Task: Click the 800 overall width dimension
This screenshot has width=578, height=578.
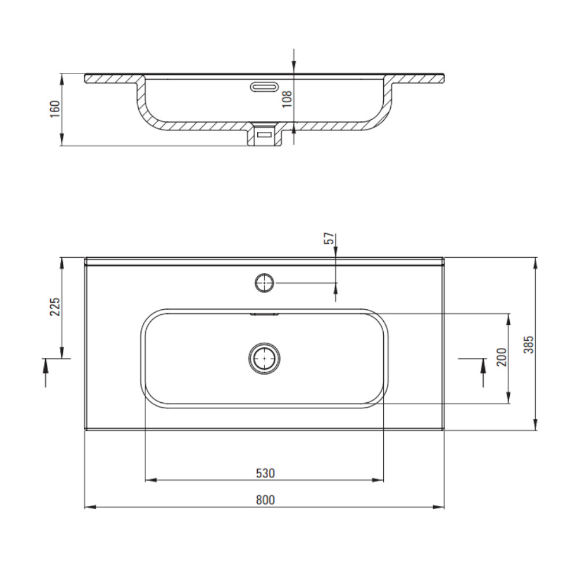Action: [x=265, y=500]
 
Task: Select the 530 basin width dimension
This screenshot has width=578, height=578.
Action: [x=265, y=473]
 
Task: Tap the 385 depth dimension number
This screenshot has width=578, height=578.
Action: [x=529, y=344]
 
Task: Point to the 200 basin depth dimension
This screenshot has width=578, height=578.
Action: [x=501, y=357]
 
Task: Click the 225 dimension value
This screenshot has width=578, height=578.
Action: [x=54, y=307]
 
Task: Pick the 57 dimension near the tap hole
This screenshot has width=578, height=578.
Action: [x=330, y=238]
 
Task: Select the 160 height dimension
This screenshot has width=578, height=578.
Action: [x=54, y=109]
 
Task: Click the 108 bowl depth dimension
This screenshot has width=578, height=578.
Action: [x=287, y=99]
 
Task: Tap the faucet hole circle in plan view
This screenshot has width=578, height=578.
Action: [x=264, y=283]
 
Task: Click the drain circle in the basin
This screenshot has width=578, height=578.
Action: [x=264, y=358]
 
